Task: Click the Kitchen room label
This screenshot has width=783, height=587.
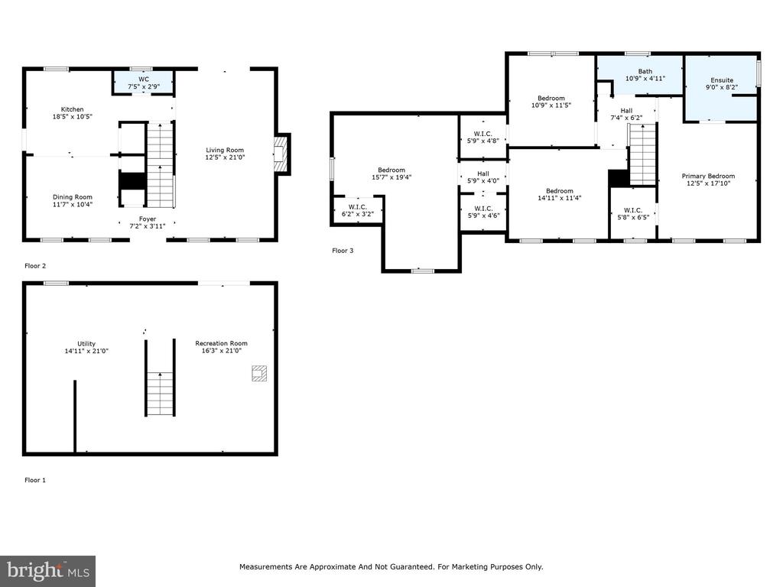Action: tap(73, 109)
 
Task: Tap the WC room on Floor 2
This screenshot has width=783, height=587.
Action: tap(143, 82)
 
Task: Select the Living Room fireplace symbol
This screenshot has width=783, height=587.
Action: tap(281, 154)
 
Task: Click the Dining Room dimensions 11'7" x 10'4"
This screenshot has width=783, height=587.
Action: tap(73, 204)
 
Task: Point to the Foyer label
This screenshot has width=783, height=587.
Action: tap(148, 219)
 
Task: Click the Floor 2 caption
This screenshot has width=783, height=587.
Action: tap(35, 266)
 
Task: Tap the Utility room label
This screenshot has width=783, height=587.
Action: tap(86, 343)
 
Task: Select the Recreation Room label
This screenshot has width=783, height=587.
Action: tap(221, 343)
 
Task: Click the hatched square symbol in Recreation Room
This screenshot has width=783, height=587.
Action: tap(258, 373)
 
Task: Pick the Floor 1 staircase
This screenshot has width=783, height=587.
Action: tap(160, 394)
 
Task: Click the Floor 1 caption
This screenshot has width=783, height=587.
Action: tap(35, 480)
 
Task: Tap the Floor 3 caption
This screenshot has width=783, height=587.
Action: tap(343, 251)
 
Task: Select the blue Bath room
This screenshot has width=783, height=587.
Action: tap(640, 75)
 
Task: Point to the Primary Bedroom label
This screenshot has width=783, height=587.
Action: tap(708, 176)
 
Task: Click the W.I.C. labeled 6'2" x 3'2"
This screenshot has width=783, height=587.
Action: tap(358, 210)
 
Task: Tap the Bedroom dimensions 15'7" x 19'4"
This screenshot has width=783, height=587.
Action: tap(391, 177)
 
